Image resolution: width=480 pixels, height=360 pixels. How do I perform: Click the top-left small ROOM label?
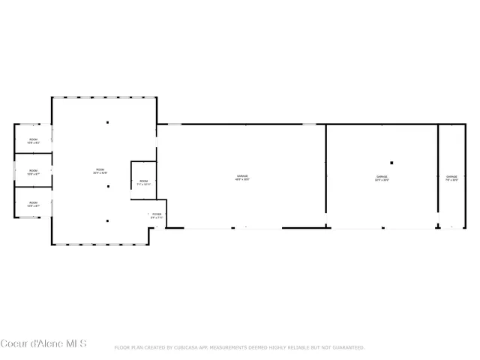pos(33,141)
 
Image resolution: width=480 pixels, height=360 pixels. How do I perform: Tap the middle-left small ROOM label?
pos(33,172)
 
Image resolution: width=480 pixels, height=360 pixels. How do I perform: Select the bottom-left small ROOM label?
pos(33,204)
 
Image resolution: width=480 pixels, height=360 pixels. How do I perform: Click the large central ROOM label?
pos(100,172)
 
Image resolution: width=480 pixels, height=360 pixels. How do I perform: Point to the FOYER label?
pos(157,216)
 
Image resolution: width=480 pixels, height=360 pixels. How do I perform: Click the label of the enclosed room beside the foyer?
pos(143,182)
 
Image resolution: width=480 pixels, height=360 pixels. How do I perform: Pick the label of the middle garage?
pos(382,178)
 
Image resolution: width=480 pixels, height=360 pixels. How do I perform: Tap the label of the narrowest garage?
pos(451,178)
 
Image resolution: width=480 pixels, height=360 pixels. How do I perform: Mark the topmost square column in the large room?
pos(107,122)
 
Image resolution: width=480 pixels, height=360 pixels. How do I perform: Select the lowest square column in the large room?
pos(107,220)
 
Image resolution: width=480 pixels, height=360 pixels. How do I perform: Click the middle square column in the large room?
pos(107,186)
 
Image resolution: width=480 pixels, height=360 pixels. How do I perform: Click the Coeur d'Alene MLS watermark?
pos(43,344)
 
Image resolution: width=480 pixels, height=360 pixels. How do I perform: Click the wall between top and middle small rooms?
pos(33,153)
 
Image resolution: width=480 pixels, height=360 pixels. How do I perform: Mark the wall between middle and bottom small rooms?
pos(33,185)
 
